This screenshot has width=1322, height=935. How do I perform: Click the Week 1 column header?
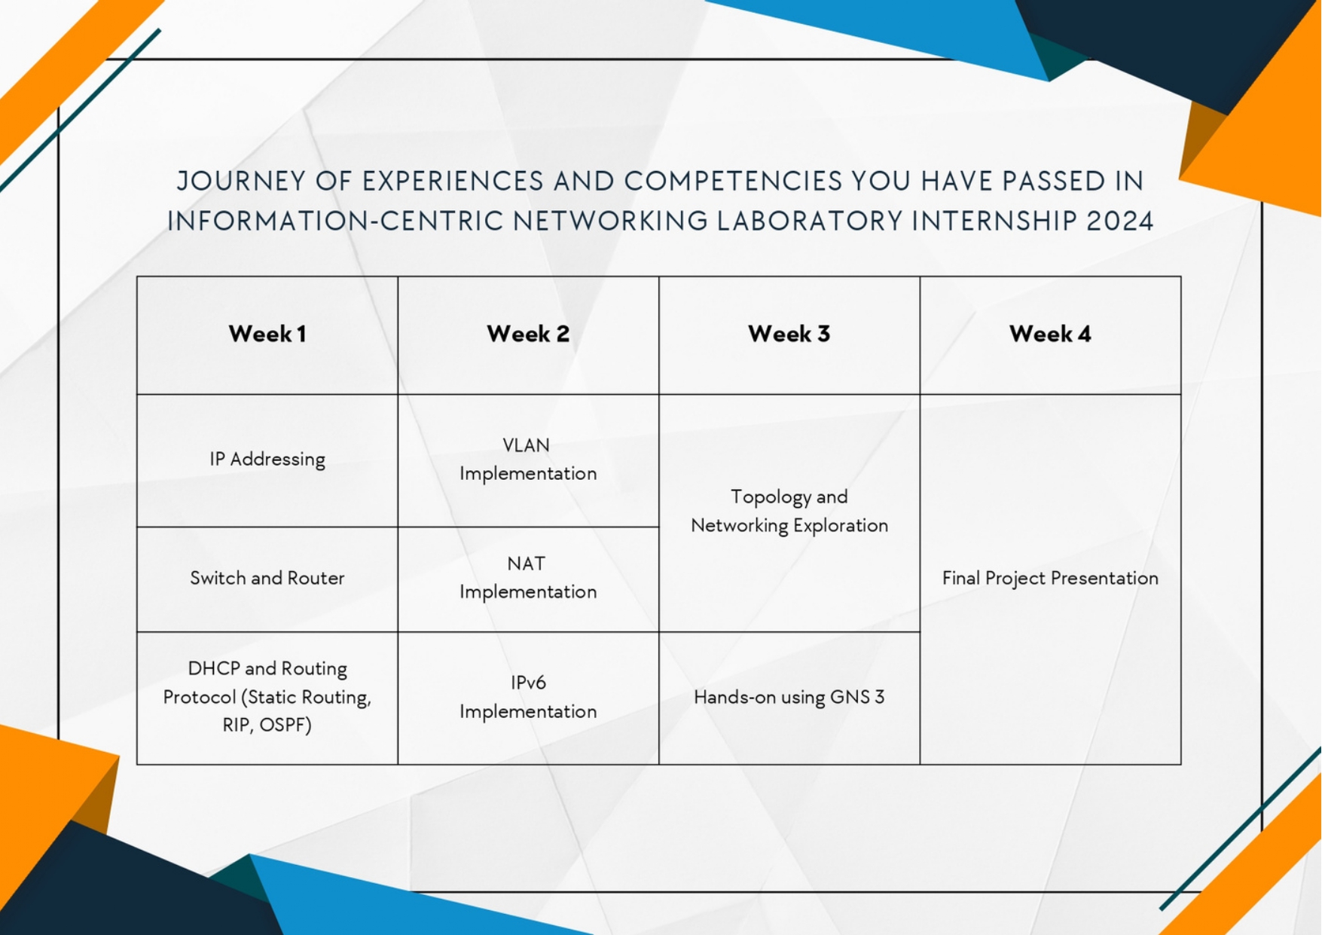tap(267, 334)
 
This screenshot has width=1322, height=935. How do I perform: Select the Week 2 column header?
tap(528, 334)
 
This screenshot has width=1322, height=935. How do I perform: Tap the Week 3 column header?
tap(789, 334)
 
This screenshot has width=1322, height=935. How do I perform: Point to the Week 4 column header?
tap(1050, 334)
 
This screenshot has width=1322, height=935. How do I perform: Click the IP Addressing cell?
tap(267, 460)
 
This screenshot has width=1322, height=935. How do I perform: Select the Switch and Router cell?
tap(267, 578)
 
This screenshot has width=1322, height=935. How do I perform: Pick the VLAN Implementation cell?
tap(528, 460)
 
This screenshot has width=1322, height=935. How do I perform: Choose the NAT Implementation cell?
tap(528, 578)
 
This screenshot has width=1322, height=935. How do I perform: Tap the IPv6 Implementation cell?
tap(528, 697)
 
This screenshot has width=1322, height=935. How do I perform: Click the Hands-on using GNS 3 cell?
tap(789, 697)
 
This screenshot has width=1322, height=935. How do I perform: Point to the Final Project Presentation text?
tap(1050, 578)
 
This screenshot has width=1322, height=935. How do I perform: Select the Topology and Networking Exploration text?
tap(789, 511)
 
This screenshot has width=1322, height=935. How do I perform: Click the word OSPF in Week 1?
tap(285, 725)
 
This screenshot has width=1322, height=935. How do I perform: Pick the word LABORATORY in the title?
tap(810, 222)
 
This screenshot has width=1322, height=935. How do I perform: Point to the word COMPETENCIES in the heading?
tap(733, 182)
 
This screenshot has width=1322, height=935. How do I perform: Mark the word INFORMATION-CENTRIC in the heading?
tap(336, 222)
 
